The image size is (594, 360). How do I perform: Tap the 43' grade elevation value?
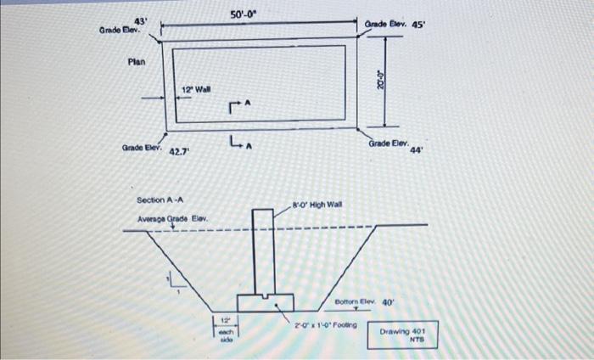pos(141,20)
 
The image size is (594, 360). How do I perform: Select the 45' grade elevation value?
pos(418,25)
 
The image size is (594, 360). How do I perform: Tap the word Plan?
pos(137,61)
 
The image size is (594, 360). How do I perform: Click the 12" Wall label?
pos(197,89)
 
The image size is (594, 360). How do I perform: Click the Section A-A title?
pos(160,200)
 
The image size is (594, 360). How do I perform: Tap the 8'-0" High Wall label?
pos(317,205)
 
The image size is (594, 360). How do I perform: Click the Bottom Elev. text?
pos(355,301)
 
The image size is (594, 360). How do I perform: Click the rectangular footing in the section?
pos(265,302)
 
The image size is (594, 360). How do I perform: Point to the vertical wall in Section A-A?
pos(263,250)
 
